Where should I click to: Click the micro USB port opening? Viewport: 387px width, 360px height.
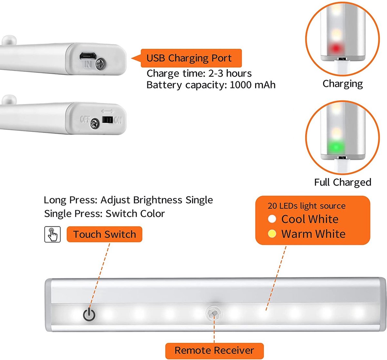coord(87,56)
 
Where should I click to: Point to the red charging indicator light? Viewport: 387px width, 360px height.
coord(336,49)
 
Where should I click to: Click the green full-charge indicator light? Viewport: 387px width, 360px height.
coord(336,148)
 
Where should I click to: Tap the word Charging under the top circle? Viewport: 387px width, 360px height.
coord(342,84)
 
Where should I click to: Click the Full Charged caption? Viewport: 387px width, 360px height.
coord(342,182)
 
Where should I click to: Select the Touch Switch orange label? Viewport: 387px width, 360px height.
coord(104,234)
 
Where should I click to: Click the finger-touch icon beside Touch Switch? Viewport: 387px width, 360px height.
coord(52,234)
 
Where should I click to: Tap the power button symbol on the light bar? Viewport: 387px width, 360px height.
coord(89,314)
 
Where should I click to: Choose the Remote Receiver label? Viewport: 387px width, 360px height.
coord(214,350)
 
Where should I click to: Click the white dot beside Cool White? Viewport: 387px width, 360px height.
coord(272,219)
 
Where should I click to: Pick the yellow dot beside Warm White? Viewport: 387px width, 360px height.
coord(272,234)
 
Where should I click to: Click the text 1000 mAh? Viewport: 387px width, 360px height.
coord(253,85)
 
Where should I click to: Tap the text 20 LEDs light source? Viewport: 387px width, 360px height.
coord(306,206)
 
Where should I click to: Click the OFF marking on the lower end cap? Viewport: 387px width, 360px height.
coord(84,119)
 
